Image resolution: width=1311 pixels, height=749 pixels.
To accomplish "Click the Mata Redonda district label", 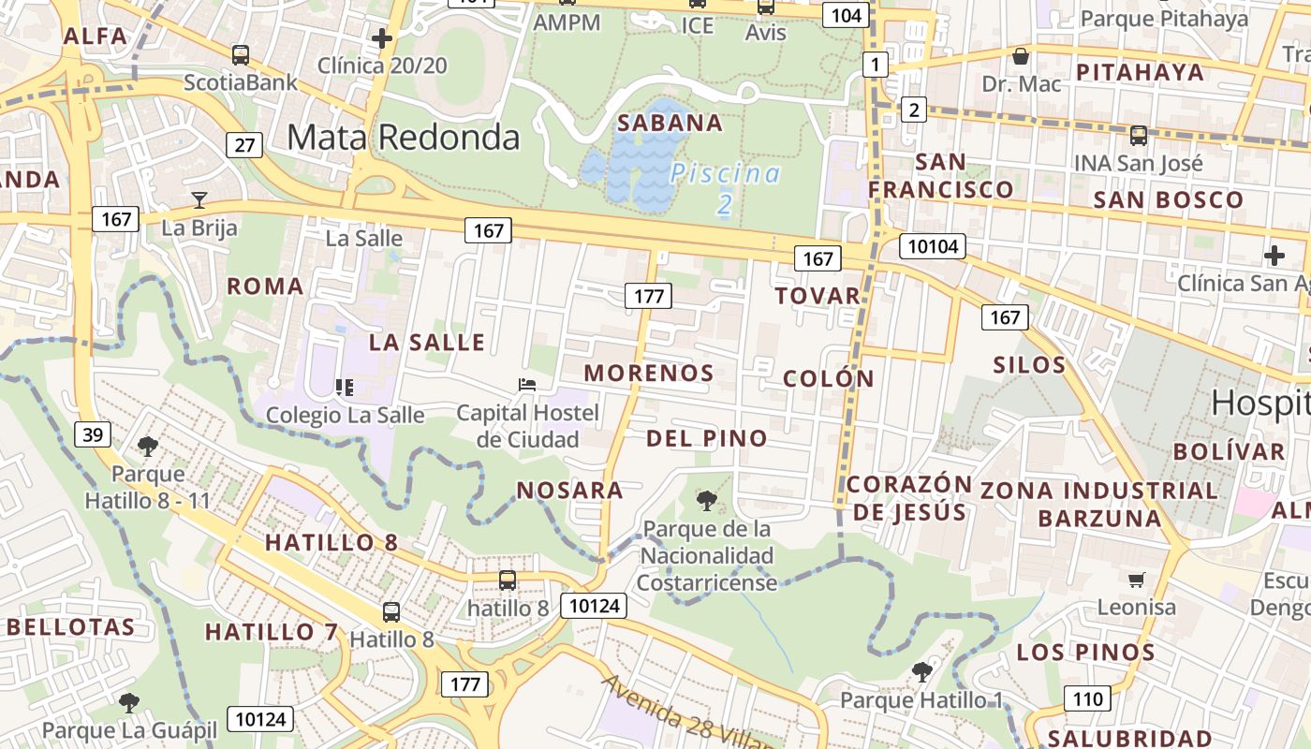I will tap(403, 137).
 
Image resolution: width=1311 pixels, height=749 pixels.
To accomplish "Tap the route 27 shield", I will tap(244, 145).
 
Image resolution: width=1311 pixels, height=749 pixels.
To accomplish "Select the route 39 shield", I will tap(92, 434).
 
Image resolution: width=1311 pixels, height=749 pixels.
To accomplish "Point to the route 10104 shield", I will tap(932, 246).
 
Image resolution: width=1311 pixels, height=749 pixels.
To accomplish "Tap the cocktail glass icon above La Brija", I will tap(199, 199).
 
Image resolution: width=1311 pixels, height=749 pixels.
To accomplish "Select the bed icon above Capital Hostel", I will tap(527, 385).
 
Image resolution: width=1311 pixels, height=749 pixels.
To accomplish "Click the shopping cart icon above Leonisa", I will tap(1136, 580).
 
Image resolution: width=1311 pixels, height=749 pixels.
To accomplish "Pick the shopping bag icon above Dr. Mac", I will tap(1021, 56).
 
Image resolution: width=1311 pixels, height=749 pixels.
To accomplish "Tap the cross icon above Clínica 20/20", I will tap(381, 38).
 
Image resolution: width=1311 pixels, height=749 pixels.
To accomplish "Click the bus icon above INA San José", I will tap(1138, 136).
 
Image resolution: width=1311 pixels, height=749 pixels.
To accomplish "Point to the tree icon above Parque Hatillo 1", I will tap(922, 671).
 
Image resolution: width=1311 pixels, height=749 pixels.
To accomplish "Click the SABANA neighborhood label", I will tap(670, 123).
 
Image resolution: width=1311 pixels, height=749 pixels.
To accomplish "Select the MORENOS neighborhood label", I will tap(649, 373).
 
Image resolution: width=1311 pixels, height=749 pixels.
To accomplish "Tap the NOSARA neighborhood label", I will tap(569, 490).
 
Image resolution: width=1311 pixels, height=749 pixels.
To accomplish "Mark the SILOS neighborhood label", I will tap(1029, 364).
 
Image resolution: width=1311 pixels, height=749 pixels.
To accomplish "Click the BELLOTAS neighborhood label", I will tap(71, 626).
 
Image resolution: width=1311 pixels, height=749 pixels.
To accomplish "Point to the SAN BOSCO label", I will tap(1169, 199).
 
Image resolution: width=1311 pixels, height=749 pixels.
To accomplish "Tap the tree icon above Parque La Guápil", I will tap(129, 702).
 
